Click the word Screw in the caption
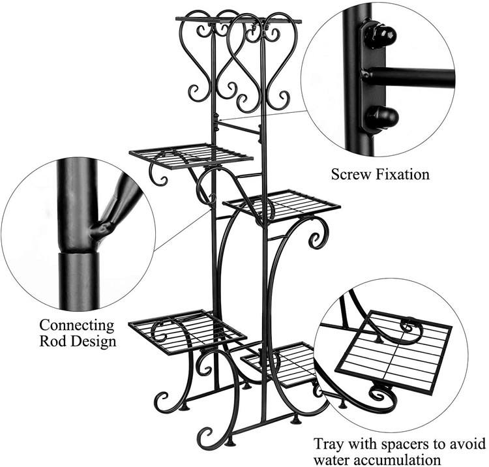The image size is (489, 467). coord(352,174)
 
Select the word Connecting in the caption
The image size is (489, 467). coord(76,325)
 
